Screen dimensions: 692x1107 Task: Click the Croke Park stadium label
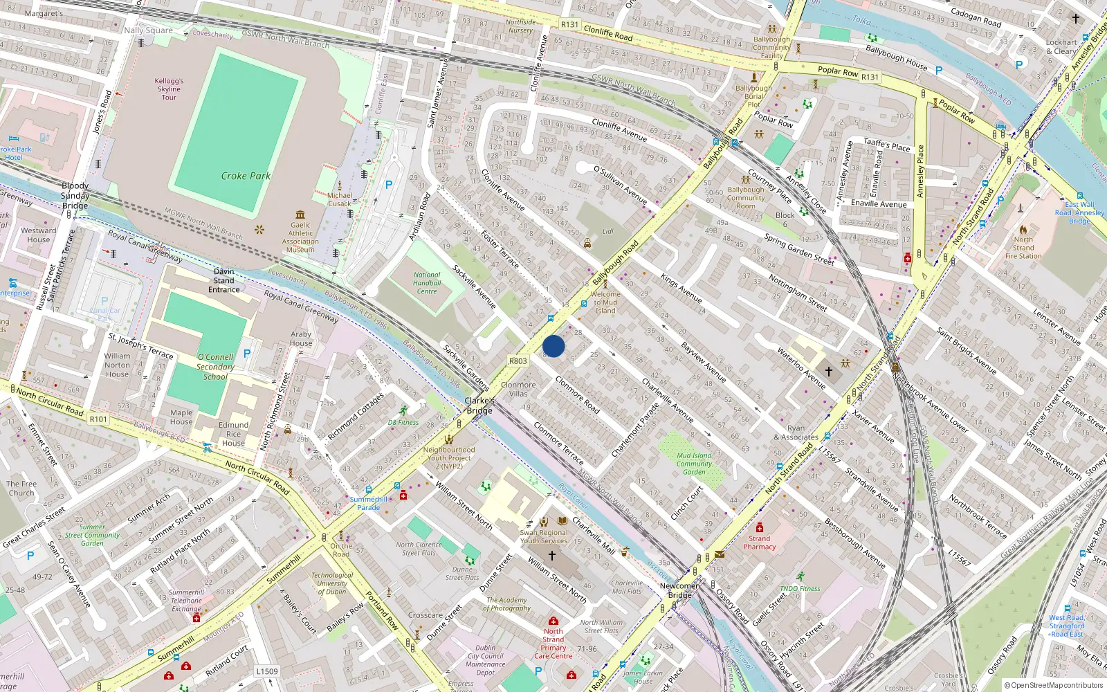246,176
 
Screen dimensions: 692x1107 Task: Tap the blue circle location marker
553,346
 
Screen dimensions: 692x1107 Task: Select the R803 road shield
518,361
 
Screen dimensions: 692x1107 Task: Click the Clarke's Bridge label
479,406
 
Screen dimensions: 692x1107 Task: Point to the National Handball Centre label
427,283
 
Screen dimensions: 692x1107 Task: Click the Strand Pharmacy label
760,543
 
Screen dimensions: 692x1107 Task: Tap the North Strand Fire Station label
1023,248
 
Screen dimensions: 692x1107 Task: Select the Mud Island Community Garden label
694,464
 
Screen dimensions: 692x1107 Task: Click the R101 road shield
98,419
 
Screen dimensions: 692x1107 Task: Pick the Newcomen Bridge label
679,590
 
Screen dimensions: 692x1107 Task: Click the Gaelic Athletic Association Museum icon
300,215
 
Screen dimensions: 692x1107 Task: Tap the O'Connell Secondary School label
215,367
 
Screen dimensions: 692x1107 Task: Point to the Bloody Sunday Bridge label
75,196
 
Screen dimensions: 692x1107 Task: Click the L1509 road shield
267,671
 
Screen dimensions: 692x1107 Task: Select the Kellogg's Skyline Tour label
169,89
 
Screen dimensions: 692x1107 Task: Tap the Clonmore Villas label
518,389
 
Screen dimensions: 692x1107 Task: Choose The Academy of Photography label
506,604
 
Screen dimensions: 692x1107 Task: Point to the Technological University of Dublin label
332,583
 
